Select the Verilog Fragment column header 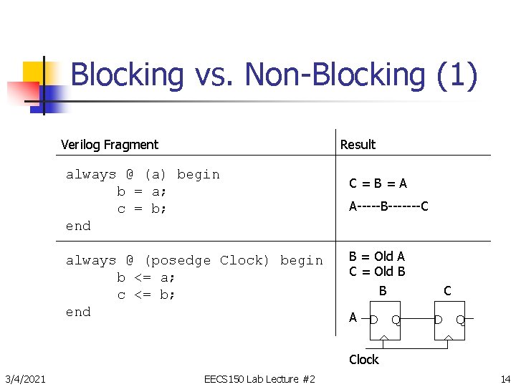(x=110, y=145)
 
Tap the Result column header (x=358, y=145)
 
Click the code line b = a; (x=142, y=191)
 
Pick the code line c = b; (x=142, y=209)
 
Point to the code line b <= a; (x=146, y=277)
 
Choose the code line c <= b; (x=146, y=295)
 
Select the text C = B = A (x=378, y=183)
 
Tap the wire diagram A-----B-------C (x=388, y=207)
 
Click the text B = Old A (x=377, y=257)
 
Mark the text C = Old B (x=377, y=272)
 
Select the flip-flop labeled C (x=449, y=319)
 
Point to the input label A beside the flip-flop (x=353, y=317)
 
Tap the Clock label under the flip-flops (x=363, y=360)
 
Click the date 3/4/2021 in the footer (x=26, y=378)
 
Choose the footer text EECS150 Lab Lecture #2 (x=259, y=378)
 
